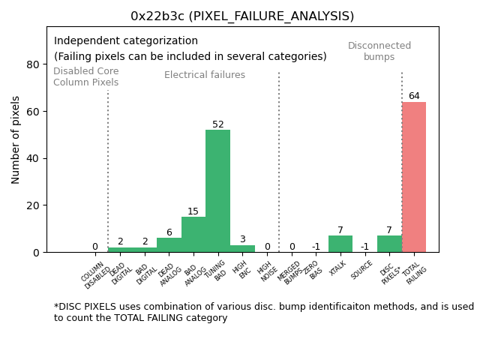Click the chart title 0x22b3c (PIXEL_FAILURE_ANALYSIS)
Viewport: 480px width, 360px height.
[x=242, y=16]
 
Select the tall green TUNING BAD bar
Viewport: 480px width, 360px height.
[x=217, y=191]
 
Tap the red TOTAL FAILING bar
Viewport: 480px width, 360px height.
[x=414, y=177]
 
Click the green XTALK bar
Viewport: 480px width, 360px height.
[x=340, y=244]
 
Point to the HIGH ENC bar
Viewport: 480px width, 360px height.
[x=242, y=248]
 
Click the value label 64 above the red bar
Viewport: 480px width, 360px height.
[x=414, y=96]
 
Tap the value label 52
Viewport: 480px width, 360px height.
[x=217, y=124]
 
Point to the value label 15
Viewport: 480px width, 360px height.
[x=193, y=211]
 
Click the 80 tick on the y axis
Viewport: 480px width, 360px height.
[x=34, y=64]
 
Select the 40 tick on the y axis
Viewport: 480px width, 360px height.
[x=34, y=158]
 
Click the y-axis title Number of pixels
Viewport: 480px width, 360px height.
[x=16, y=139]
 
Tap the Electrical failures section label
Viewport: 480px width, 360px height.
[x=205, y=75]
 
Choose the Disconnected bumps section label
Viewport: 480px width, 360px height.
[x=379, y=52]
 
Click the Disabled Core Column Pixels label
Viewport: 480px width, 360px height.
[x=85, y=77]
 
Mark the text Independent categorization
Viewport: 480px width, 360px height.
[x=126, y=41]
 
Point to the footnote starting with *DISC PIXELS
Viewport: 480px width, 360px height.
[x=263, y=312]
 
